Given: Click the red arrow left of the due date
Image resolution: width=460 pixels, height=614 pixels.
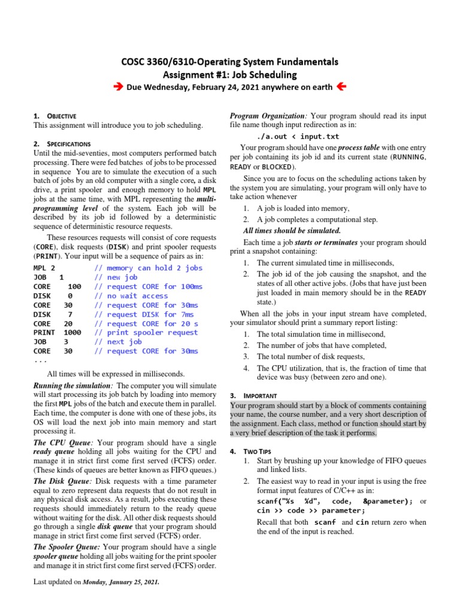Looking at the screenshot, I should click(x=118, y=88).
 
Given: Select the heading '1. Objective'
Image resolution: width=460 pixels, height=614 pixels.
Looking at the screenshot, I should click(x=55, y=116).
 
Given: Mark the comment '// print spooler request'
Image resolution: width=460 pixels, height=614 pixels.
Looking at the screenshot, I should click(x=146, y=333).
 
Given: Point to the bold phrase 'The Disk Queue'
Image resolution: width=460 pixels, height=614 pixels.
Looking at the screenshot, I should click(x=63, y=481).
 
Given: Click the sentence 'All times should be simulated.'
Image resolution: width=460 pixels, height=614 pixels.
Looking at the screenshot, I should click(x=292, y=231).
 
